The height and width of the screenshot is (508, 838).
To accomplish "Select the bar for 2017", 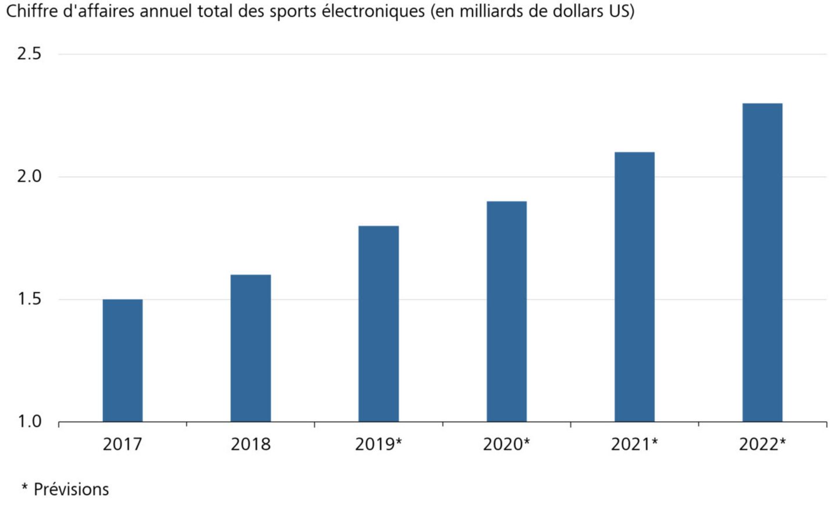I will point(123,360).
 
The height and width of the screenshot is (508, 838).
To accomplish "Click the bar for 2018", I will point(251,348).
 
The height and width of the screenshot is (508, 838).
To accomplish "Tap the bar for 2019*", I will point(379,324).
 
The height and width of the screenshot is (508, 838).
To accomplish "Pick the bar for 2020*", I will point(507,311).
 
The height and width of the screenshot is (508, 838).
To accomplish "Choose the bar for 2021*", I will point(635,287).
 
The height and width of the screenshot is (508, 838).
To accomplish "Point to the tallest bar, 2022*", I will point(762,262).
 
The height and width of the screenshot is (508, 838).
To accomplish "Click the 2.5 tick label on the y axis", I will point(29,54).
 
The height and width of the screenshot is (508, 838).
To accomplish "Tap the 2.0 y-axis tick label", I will point(29,176).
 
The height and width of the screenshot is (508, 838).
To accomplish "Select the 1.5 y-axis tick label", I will point(29,299).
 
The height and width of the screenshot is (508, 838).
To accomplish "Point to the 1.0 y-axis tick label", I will point(29,421).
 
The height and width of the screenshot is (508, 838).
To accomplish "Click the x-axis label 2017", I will point(122,445).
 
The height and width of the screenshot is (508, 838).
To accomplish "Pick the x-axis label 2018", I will point(251,445).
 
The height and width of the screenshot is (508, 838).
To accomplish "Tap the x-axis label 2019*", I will point(379,445).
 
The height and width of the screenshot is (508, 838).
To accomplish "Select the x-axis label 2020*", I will point(507,445).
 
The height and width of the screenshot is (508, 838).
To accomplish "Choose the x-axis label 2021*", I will point(635,445).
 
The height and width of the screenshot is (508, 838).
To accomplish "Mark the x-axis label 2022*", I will point(762,445).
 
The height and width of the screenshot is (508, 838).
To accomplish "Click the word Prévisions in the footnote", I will point(71,489).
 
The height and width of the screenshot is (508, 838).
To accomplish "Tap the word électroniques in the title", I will point(373,11).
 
